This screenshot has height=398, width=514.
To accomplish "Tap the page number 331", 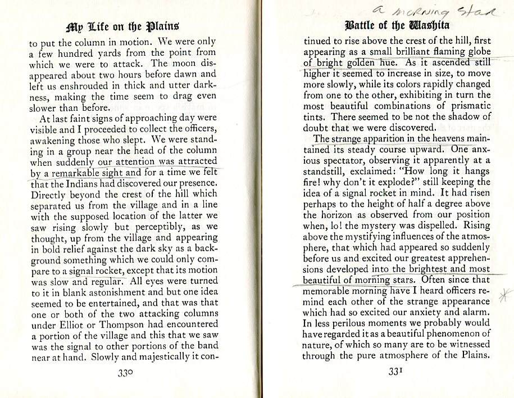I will click(x=397, y=372).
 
